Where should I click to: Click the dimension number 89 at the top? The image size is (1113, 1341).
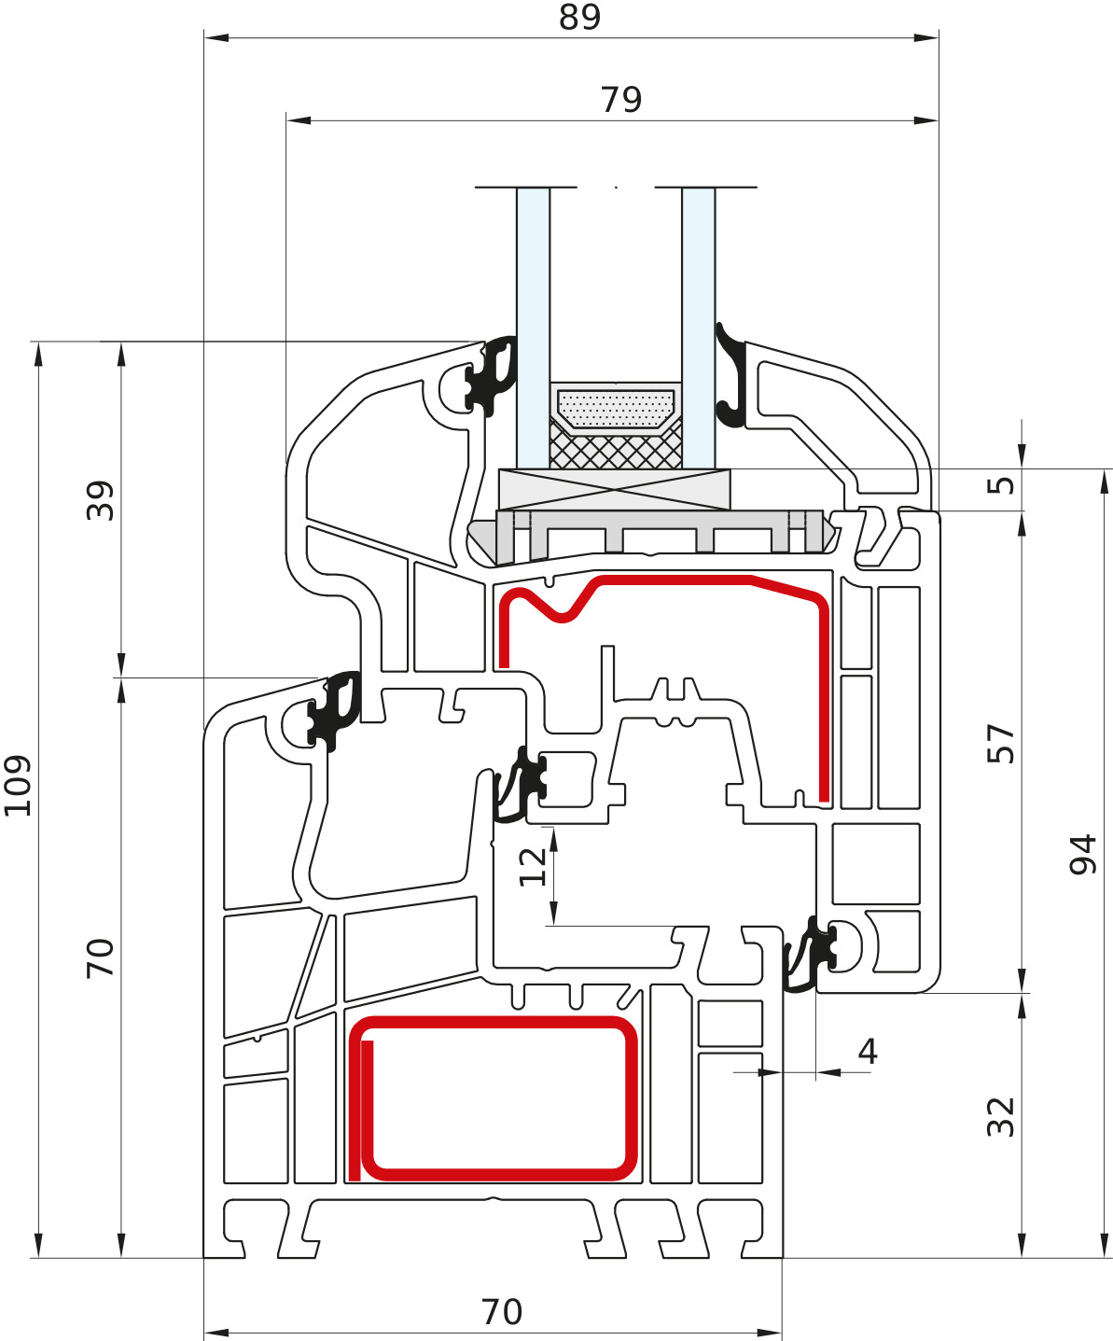click(579, 18)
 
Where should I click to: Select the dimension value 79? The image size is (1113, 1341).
click(621, 100)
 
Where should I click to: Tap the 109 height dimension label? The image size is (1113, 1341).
click(18, 786)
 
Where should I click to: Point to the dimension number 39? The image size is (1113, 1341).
click(100, 500)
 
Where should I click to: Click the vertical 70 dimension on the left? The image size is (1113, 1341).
click(100, 958)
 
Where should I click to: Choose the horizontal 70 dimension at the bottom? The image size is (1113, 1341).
click(502, 1312)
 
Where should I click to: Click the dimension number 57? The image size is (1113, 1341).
click(1000, 743)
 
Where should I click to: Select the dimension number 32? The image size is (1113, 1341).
click(1000, 1117)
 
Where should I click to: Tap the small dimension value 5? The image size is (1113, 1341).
click(1001, 485)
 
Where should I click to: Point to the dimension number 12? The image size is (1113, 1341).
click(533, 867)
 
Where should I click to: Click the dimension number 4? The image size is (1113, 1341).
click(868, 1052)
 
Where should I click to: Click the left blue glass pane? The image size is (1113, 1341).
click(533, 327)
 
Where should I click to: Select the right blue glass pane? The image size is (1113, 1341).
click(698, 327)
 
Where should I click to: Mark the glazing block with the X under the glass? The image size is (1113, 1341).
click(614, 490)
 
